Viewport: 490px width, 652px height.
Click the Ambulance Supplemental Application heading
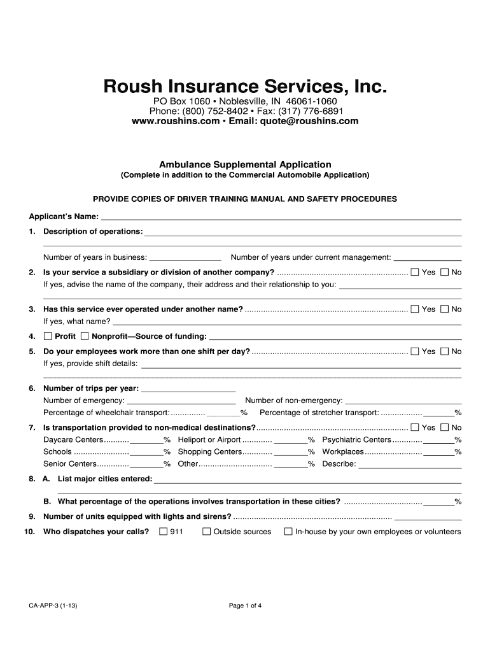click(x=245, y=164)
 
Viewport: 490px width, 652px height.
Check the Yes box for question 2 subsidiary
click(x=415, y=273)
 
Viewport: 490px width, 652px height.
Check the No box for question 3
click(x=445, y=309)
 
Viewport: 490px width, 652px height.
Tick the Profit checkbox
click(x=48, y=336)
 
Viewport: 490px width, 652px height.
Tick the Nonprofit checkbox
click(x=85, y=336)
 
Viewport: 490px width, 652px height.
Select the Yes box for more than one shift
click(x=415, y=351)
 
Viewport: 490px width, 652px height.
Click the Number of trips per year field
click(x=188, y=388)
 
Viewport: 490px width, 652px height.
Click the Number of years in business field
click(x=185, y=258)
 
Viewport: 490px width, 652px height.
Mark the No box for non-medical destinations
click(x=445, y=428)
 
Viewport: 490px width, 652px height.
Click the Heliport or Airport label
click(x=209, y=440)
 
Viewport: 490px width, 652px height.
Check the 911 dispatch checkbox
click(x=164, y=532)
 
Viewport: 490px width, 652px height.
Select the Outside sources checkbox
click(x=206, y=532)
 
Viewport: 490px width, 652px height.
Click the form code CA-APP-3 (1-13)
click(x=53, y=606)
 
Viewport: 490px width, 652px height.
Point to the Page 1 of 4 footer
click(x=245, y=606)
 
